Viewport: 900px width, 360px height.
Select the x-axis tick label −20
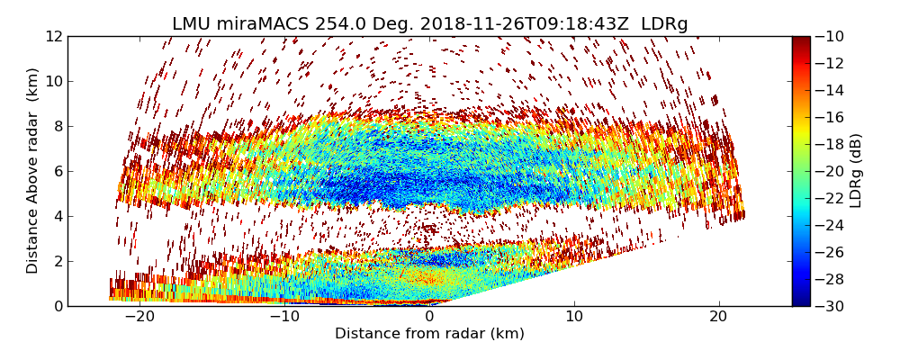139,317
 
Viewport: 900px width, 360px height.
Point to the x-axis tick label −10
284,317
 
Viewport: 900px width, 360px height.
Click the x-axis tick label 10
574,317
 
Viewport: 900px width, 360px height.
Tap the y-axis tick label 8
57,126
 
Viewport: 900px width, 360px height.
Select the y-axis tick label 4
57,216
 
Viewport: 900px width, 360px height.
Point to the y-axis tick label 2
57,261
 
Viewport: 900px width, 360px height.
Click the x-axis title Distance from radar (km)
429,334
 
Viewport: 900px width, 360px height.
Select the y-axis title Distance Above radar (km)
33,170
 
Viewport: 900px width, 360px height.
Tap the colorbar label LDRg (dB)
856,170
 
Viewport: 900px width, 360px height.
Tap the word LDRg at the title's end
664,24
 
